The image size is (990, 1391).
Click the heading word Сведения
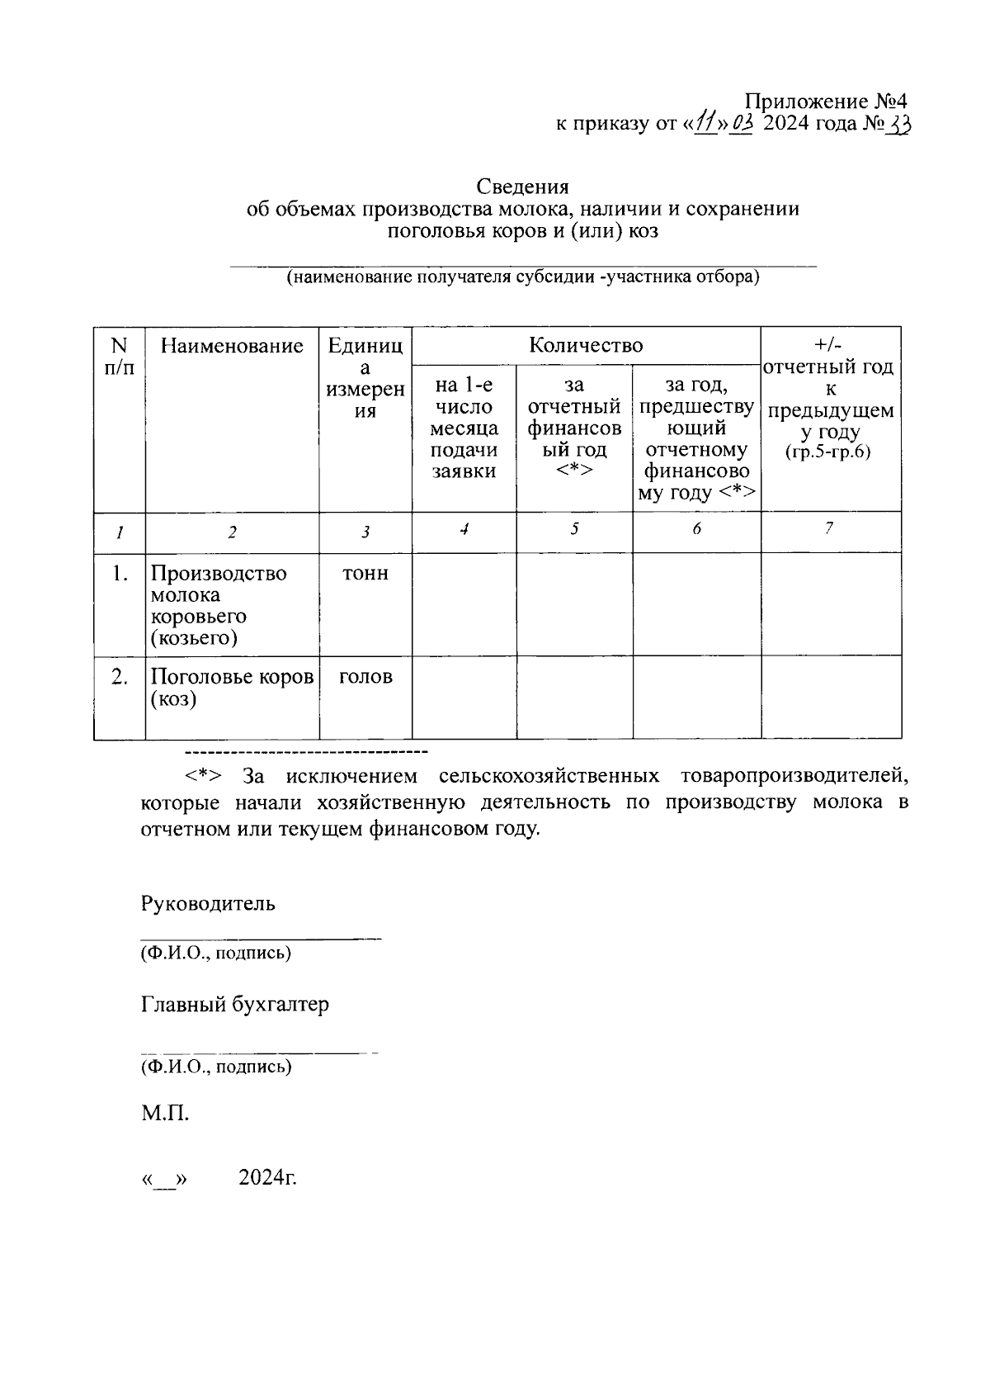click(x=522, y=187)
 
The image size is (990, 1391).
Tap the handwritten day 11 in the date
click(x=705, y=125)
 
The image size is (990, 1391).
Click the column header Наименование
click(x=232, y=346)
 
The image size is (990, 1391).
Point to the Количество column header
click(x=586, y=345)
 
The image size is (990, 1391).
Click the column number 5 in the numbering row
click(x=574, y=529)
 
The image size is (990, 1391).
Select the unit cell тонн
click(x=365, y=574)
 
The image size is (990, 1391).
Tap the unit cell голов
click(x=365, y=678)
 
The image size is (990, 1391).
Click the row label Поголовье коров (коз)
click(x=231, y=688)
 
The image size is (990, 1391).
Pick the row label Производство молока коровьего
click(x=218, y=605)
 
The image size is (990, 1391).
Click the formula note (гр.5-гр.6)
click(x=829, y=452)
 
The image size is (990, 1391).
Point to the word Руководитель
click(x=208, y=903)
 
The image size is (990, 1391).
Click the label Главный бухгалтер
click(x=234, y=1005)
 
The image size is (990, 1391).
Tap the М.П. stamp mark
click(x=165, y=1114)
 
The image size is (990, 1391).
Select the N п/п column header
click(x=120, y=357)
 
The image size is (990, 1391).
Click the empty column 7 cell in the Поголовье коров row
click(x=830, y=697)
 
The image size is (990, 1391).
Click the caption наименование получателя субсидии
click(x=522, y=277)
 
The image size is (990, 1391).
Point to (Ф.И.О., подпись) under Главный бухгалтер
click(x=215, y=1067)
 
